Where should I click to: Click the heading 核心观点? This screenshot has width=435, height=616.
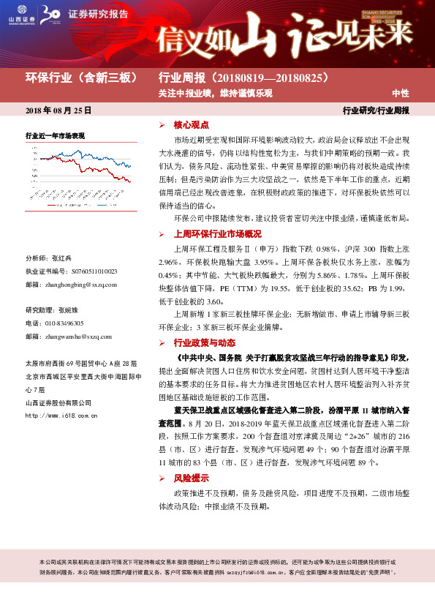click(191, 125)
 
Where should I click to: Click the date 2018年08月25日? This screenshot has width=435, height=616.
click(58, 110)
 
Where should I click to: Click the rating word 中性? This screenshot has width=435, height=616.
click(400, 94)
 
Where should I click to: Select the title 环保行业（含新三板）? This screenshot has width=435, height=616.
click(82, 78)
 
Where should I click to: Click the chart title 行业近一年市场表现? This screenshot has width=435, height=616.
click(56, 136)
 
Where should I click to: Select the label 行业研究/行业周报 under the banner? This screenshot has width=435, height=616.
click(376, 111)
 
